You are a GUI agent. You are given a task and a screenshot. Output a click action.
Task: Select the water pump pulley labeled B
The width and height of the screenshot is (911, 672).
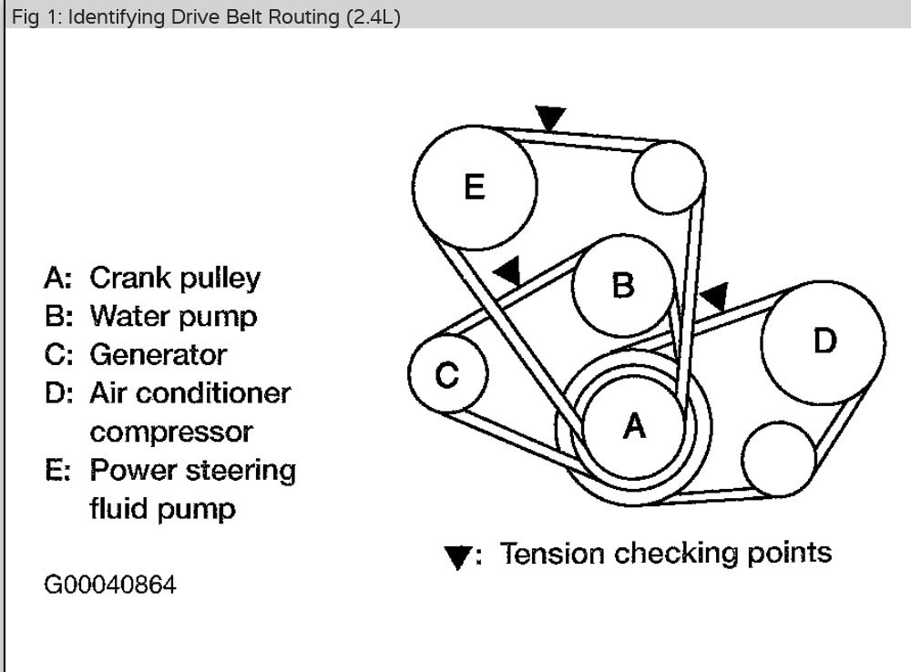[623, 285]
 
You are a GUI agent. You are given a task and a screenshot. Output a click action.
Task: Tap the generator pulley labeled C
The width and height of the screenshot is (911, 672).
[446, 374]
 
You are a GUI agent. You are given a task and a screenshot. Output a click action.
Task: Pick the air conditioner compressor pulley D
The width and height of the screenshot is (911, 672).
[824, 341]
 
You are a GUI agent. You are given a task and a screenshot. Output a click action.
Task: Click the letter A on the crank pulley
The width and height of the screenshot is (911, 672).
[634, 425]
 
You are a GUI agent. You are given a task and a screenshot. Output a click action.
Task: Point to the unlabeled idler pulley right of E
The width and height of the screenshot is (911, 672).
[669, 178]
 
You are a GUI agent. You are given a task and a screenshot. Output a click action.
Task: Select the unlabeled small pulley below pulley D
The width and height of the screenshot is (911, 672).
[779, 458]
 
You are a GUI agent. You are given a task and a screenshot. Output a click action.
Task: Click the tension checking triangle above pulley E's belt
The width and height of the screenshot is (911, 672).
[550, 117]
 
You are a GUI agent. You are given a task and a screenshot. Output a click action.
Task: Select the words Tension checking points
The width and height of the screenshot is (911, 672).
[666, 553]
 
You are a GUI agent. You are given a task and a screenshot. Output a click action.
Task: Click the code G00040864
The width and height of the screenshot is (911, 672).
[110, 584]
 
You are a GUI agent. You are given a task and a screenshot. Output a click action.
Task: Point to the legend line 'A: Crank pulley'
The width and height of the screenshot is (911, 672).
[152, 278]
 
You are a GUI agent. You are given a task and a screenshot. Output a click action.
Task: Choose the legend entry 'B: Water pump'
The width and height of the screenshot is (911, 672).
[150, 316]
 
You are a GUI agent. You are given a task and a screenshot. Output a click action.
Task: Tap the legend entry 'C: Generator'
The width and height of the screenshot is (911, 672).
[135, 354]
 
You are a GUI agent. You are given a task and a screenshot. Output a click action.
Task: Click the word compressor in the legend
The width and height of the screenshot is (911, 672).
[171, 431]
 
